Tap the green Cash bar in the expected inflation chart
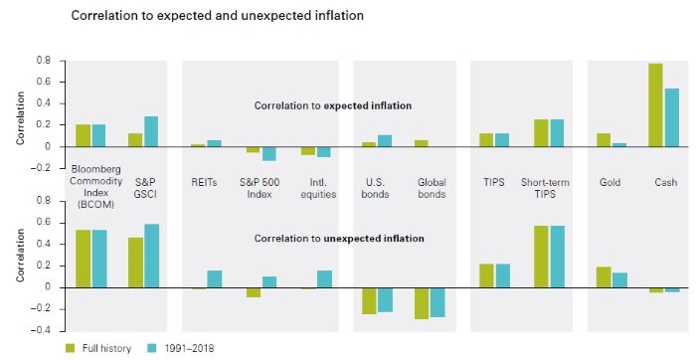point(655,104)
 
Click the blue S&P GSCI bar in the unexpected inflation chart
point(152,256)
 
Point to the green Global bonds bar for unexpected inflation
point(421,303)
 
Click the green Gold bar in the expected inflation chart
point(602,139)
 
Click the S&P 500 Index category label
point(260,188)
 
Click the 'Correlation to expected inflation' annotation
point(332,105)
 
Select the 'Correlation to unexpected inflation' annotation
point(339,239)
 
